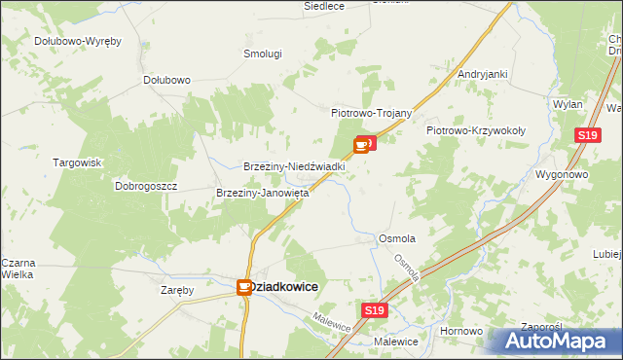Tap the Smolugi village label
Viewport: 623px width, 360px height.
(x=263, y=54)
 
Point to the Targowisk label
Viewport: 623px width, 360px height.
(x=78, y=162)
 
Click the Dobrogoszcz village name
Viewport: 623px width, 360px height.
(x=146, y=185)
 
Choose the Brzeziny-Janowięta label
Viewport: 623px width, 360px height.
(x=262, y=193)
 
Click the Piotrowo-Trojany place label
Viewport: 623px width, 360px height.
(x=373, y=113)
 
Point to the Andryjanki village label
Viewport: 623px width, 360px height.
(x=483, y=74)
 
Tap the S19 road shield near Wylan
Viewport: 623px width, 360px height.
(x=585, y=136)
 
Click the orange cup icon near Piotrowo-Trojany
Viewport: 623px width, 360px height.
(x=361, y=146)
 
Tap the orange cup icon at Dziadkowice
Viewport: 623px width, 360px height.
(x=244, y=287)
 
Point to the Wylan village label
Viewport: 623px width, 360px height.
(x=568, y=104)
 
